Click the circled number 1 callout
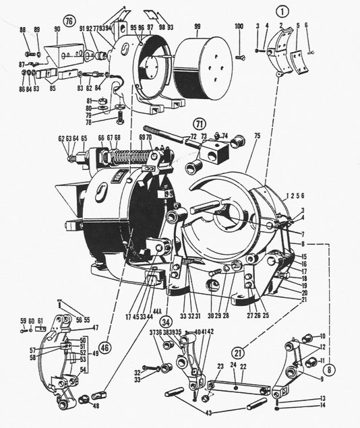(282, 11)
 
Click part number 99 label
(198, 26)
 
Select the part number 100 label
(239, 26)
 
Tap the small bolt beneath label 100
(239, 57)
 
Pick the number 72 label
(194, 137)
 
